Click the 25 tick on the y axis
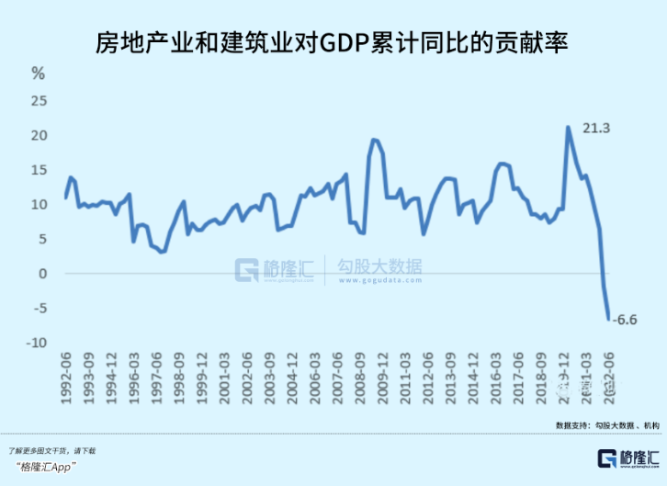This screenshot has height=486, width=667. coord(38,101)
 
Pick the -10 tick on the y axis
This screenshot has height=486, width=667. coord(36,343)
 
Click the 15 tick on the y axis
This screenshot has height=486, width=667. coord(38,170)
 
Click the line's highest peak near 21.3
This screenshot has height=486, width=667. coord(568,127)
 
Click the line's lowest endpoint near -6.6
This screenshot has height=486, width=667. coord(608,320)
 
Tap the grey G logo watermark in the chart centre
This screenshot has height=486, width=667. coord(248,269)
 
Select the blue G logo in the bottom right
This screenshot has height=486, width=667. coord(608,458)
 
